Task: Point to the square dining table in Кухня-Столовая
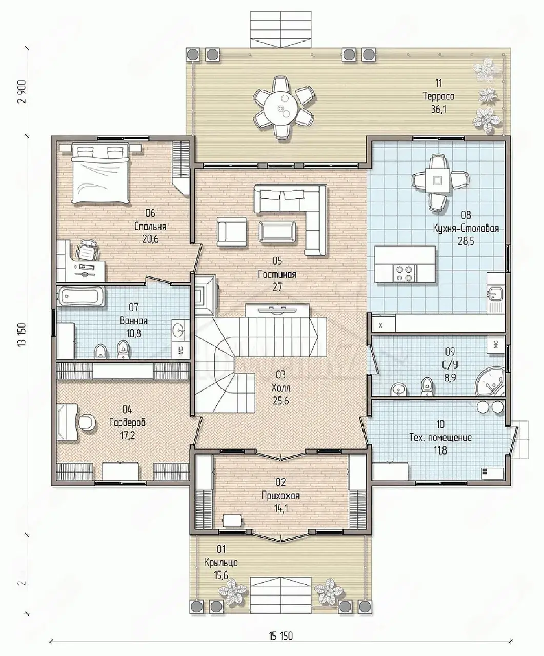(437, 180)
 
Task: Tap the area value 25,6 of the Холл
(280, 401)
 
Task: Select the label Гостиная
(277, 274)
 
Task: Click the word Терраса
(438, 96)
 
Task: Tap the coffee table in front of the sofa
(277, 232)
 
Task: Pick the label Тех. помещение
(440, 438)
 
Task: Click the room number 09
(450, 352)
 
